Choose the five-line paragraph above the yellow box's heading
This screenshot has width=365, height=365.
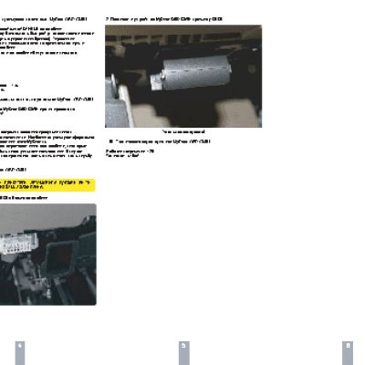pos(46,146)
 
